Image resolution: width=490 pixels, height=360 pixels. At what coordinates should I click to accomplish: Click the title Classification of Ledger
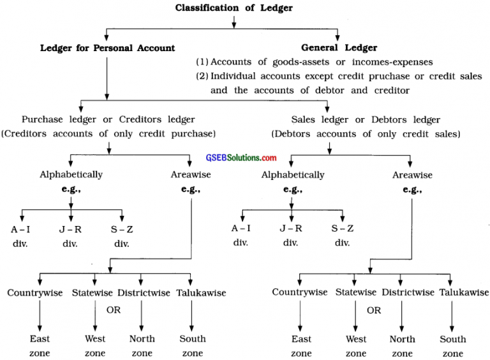234,8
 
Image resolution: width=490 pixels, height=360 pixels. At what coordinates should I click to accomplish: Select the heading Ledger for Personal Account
107,48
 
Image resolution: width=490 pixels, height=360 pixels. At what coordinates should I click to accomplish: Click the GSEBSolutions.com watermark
241,158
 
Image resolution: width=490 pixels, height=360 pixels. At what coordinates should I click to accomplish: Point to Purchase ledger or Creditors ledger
108,119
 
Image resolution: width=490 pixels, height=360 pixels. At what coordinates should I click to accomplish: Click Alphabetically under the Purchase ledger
71,174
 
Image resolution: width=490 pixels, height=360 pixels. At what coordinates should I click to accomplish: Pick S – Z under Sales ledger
342,229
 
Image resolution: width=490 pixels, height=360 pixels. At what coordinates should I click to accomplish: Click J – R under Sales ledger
291,229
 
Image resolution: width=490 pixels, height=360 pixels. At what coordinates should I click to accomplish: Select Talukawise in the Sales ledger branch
452,292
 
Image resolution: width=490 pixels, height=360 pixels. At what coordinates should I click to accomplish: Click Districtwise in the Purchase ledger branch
144,292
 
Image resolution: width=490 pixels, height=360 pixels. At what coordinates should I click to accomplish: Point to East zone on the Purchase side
40,345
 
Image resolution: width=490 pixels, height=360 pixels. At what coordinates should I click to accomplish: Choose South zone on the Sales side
452,345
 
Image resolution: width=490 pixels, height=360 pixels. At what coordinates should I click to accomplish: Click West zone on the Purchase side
95,345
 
